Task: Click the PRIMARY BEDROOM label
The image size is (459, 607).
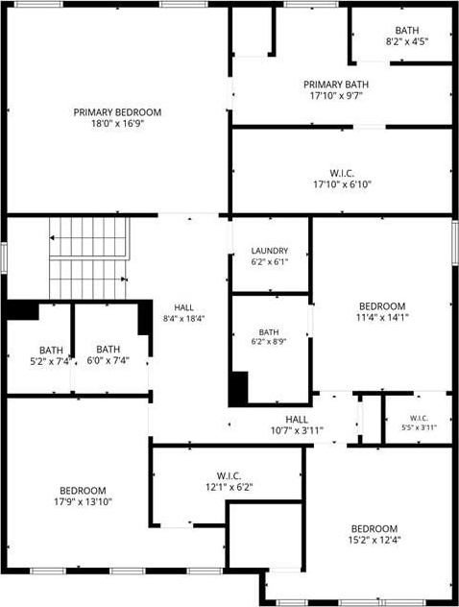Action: coord(117,112)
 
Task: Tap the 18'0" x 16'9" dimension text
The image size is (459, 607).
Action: coord(117,124)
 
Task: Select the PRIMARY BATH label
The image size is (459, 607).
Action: coord(336,85)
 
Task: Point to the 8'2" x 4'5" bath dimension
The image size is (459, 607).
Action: coord(407,41)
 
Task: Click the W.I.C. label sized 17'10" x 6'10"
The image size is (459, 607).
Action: coord(342,173)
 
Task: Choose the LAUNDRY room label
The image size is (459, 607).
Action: coord(270,251)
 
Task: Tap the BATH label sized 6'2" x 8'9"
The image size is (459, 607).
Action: coord(269,332)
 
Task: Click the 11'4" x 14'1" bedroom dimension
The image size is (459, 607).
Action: coord(382,318)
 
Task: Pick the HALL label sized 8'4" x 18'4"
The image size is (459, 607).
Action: coord(183,307)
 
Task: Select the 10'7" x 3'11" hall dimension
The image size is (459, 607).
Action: coord(297,430)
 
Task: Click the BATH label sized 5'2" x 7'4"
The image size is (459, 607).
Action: coord(51,351)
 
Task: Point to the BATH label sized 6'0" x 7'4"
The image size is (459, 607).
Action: coord(108,350)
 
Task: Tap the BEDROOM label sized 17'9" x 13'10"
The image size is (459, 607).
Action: coord(83,491)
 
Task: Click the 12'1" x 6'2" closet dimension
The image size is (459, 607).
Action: coord(229,487)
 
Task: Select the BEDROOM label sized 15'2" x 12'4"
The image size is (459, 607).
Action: coord(374,528)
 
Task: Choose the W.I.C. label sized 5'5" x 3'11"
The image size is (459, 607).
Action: coord(419,418)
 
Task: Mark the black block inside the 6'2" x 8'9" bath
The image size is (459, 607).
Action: coord(238,389)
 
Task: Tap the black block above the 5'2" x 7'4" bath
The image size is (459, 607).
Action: coord(22,310)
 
